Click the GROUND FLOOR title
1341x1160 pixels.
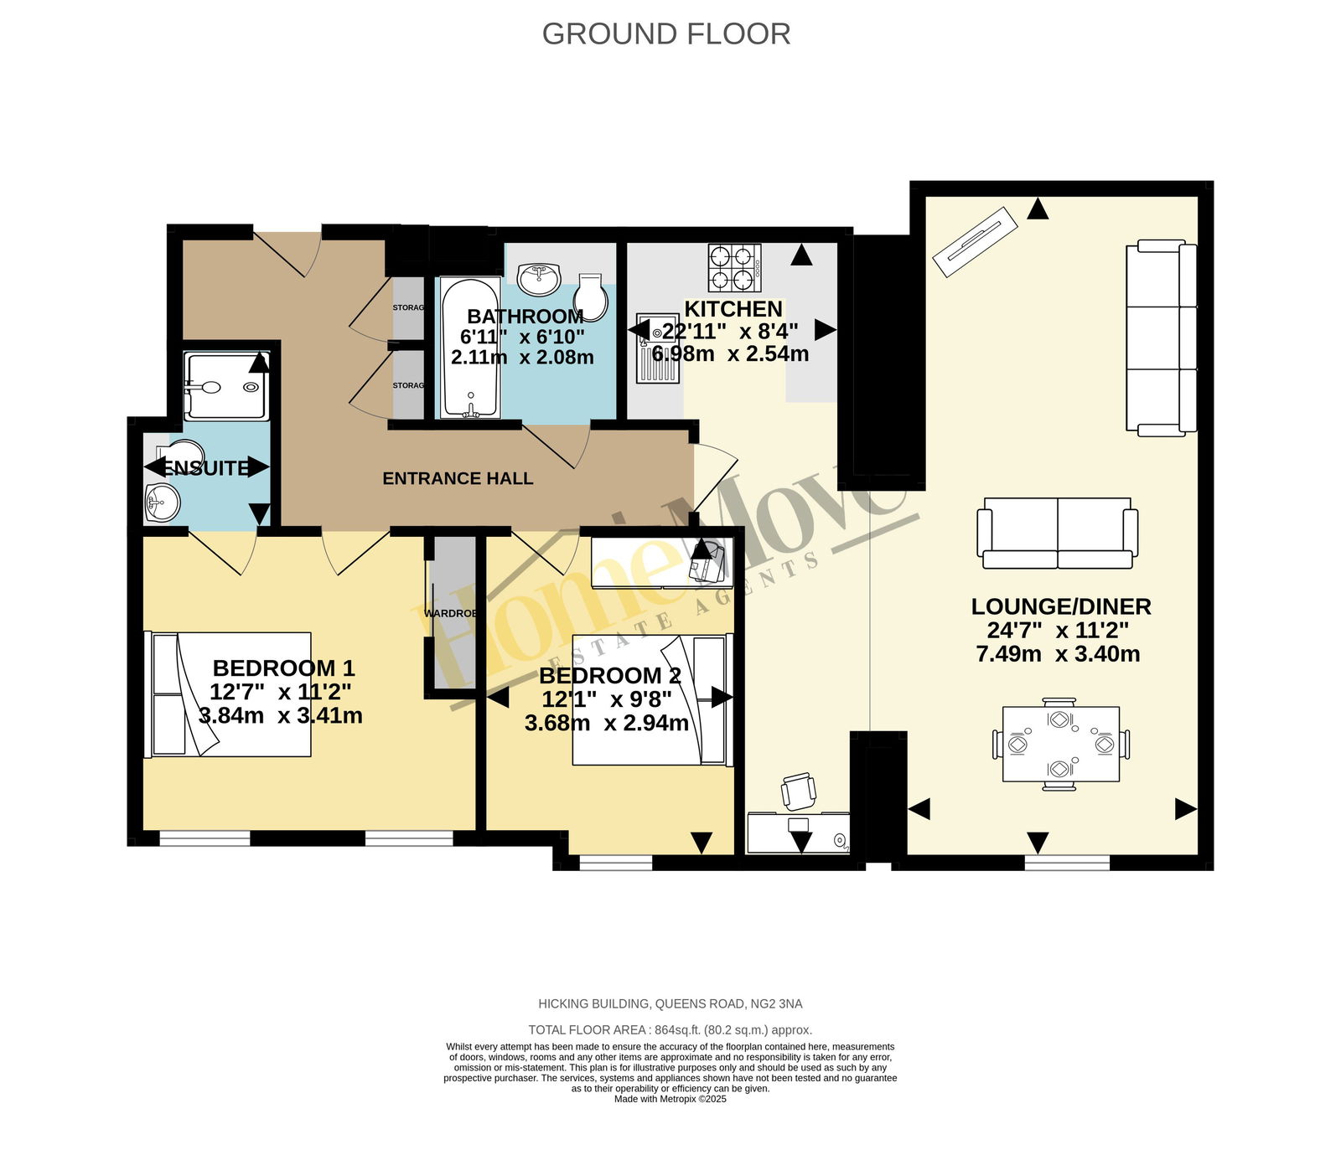click(x=666, y=34)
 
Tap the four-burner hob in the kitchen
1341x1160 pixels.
click(x=735, y=267)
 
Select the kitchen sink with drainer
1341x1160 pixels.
click(x=657, y=348)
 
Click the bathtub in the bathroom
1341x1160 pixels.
click(x=470, y=348)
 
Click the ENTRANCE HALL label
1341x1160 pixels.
click(x=458, y=479)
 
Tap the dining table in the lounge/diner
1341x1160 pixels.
click(x=1061, y=744)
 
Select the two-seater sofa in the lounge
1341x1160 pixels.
click(x=1058, y=534)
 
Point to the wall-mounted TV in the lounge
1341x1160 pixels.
click(x=975, y=242)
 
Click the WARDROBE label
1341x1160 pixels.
click(x=451, y=614)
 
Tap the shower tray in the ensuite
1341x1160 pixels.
click(x=226, y=386)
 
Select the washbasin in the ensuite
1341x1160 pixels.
click(x=162, y=503)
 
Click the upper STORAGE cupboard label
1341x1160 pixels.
click(x=408, y=308)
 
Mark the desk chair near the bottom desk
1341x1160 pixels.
click(x=799, y=791)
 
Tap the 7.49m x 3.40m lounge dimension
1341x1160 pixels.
click(x=1058, y=654)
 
